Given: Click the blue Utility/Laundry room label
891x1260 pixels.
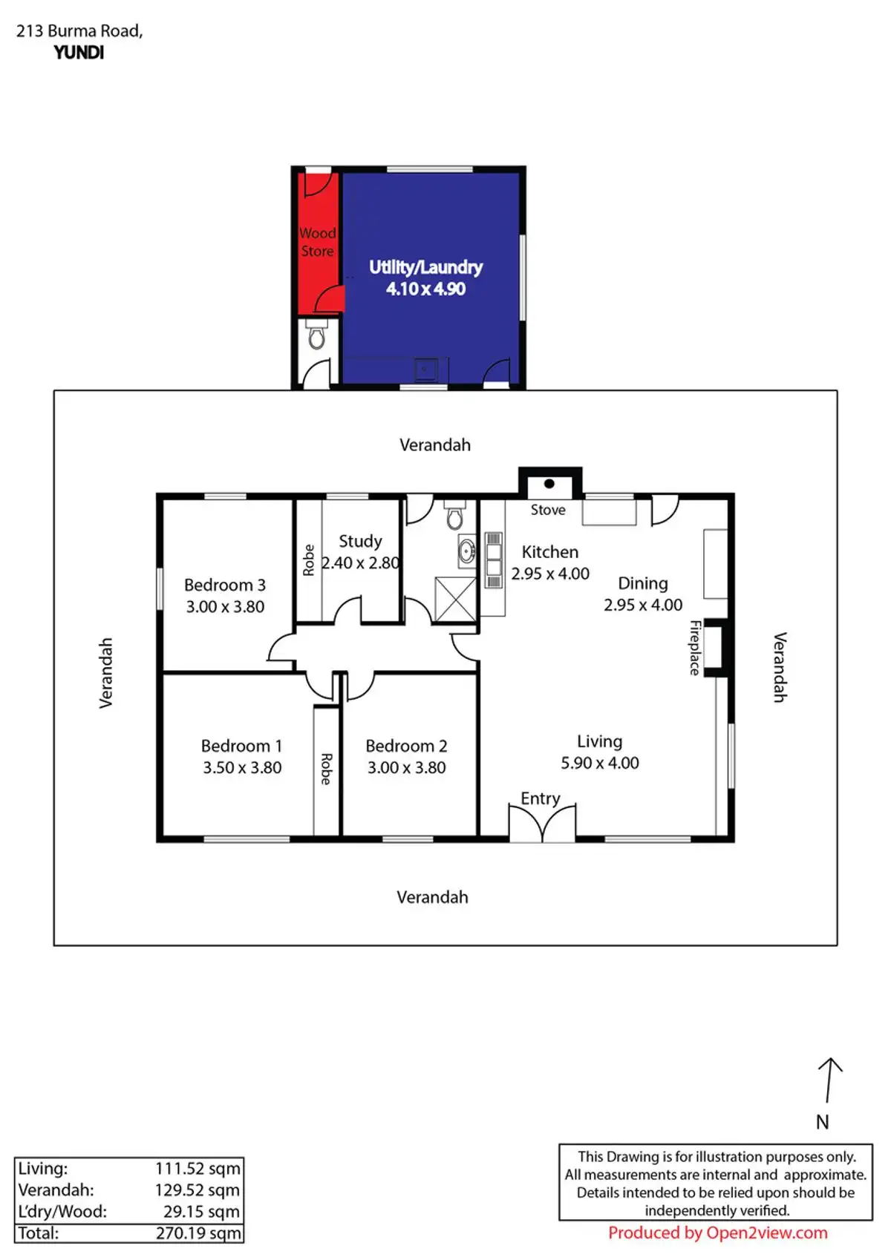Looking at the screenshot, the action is pos(425,267).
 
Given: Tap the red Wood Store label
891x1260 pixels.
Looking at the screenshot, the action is pos(317,242).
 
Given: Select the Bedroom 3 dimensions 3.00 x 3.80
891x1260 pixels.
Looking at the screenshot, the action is pos(225,607).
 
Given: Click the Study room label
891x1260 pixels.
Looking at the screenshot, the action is pos(360,541).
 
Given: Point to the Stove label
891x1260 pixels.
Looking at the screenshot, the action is pos(548,510).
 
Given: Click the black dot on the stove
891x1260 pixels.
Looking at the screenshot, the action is pos(549,484).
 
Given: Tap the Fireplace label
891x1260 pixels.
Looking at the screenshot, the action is pos(695,647).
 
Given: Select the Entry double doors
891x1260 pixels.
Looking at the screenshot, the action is pos(542,824).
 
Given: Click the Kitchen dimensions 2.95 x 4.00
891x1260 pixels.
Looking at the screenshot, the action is pos(550,574).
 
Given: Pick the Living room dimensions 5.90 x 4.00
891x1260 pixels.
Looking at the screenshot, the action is pos(600,763).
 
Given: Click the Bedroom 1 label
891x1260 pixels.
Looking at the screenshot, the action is pos(241,746).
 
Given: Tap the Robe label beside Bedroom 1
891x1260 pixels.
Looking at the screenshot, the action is pos(326,769).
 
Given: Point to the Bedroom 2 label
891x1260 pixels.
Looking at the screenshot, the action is pos(406,746).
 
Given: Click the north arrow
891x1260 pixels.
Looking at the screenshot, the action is pos(829,1080).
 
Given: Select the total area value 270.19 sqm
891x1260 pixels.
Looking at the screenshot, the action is pos(198,1233).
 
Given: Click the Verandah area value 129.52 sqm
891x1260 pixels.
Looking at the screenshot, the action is pos(198,1190).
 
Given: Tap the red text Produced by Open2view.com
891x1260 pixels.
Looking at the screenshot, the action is pos(717,1233).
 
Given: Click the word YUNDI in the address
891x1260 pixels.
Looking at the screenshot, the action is pos(79,53).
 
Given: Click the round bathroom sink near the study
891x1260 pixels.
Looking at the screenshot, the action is pos(467,551).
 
